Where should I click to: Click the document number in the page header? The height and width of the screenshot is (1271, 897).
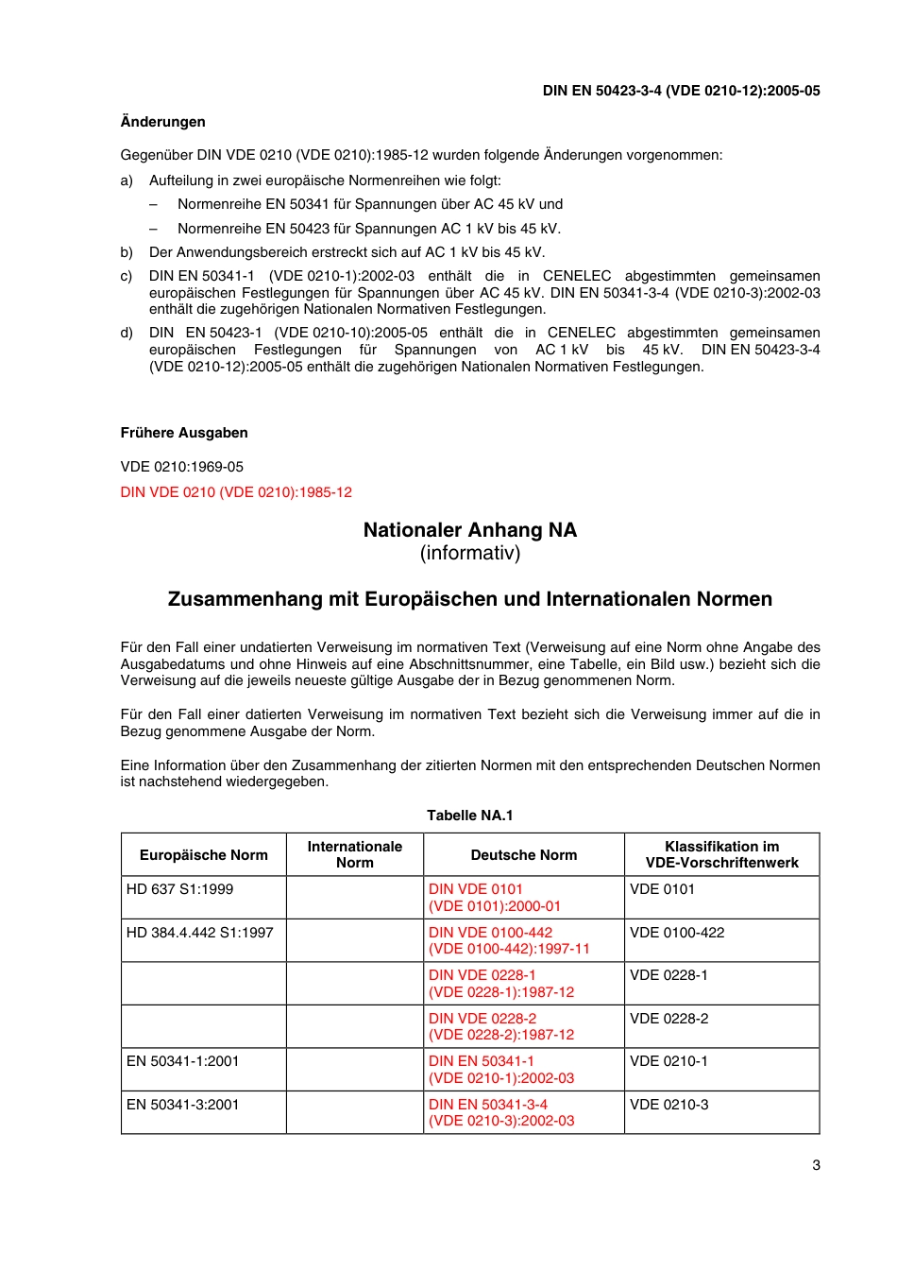(681, 91)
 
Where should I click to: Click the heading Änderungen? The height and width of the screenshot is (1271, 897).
(162, 122)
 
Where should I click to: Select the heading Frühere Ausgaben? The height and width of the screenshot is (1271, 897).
(184, 433)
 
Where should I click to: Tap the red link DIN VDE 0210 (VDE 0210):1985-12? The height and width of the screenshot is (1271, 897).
(236, 492)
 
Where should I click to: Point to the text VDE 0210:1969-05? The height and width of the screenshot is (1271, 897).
(182, 467)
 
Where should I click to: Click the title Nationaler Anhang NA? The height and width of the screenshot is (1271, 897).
(469, 530)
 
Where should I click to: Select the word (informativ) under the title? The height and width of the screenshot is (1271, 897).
(469, 554)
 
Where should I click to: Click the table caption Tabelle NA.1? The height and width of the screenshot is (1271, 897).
(469, 816)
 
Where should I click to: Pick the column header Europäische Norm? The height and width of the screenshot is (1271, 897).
(203, 855)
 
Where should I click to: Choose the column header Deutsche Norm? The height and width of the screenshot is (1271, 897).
(523, 855)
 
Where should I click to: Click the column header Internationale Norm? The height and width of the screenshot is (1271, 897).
(354, 854)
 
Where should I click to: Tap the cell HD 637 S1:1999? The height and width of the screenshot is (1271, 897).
(179, 889)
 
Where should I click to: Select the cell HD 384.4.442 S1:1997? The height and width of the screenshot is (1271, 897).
(199, 933)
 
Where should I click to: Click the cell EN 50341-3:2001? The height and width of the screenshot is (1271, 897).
(182, 1105)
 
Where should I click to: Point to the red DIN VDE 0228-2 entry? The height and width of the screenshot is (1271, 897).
(500, 1026)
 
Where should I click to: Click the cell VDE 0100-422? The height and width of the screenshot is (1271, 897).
(677, 933)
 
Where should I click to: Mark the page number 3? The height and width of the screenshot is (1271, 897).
(816, 1165)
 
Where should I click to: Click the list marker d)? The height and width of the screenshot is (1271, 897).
(127, 333)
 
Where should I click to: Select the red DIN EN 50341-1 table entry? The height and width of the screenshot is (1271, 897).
(500, 1070)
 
